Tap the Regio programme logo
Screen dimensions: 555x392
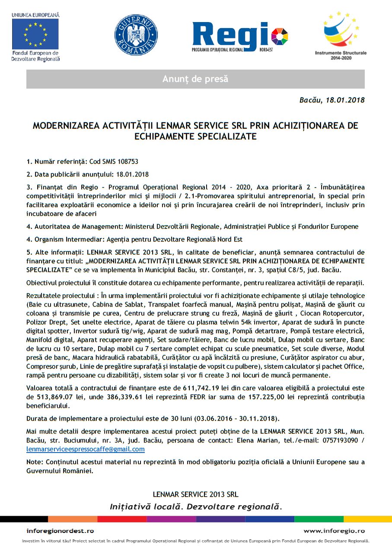[x=240, y=37]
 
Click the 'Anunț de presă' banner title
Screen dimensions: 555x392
[x=195, y=79]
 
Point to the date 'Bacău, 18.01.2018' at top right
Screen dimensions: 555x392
[x=332, y=100]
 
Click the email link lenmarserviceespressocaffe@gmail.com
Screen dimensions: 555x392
[x=86, y=449]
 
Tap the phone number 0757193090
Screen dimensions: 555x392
[x=339, y=440]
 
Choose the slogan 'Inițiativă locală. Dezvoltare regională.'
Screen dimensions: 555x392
[x=196, y=506]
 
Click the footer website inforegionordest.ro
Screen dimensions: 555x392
[x=60, y=531]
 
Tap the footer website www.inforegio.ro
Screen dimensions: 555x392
[x=334, y=531]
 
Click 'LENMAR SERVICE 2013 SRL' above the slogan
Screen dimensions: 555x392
[x=196, y=494]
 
